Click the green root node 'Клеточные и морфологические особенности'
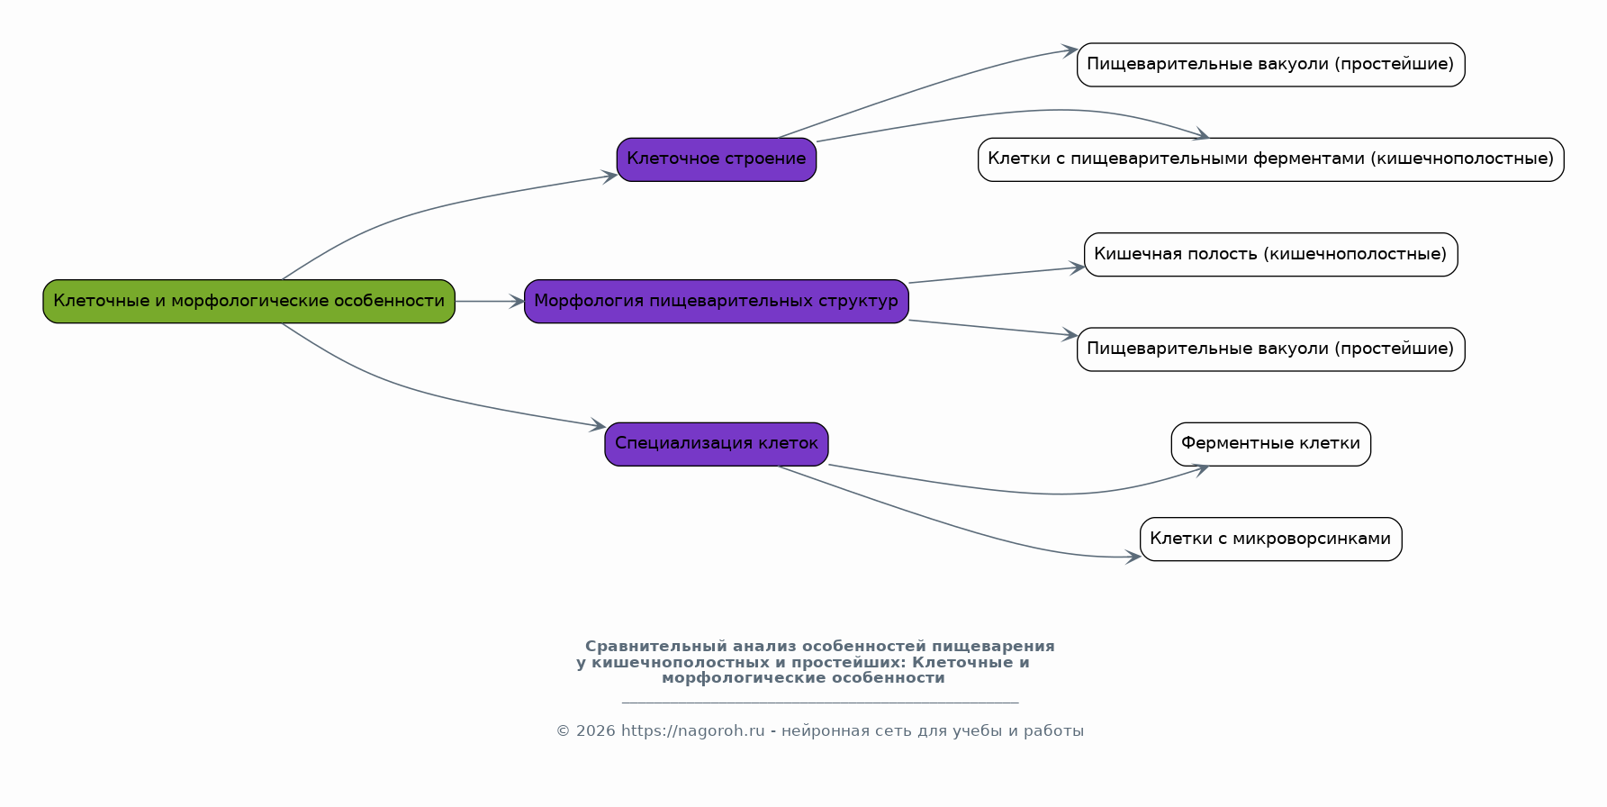click(x=249, y=302)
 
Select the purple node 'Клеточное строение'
click(x=717, y=159)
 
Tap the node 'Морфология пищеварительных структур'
click(x=717, y=302)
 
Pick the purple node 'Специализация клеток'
click(x=717, y=444)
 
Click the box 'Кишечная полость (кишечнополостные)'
click(x=1271, y=255)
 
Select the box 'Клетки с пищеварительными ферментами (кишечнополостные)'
click(x=1271, y=159)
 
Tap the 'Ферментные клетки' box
click(x=1271, y=444)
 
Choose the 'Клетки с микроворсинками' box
click(x=1271, y=540)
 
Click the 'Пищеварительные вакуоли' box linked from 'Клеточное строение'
click(x=1271, y=65)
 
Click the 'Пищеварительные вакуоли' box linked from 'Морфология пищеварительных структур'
click(x=1271, y=349)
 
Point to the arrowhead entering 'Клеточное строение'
click(x=609, y=176)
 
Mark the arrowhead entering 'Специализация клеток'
click(x=598, y=425)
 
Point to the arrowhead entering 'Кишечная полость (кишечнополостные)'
click(x=1077, y=267)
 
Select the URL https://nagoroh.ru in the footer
click(x=692, y=731)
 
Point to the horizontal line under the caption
click(x=820, y=703)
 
